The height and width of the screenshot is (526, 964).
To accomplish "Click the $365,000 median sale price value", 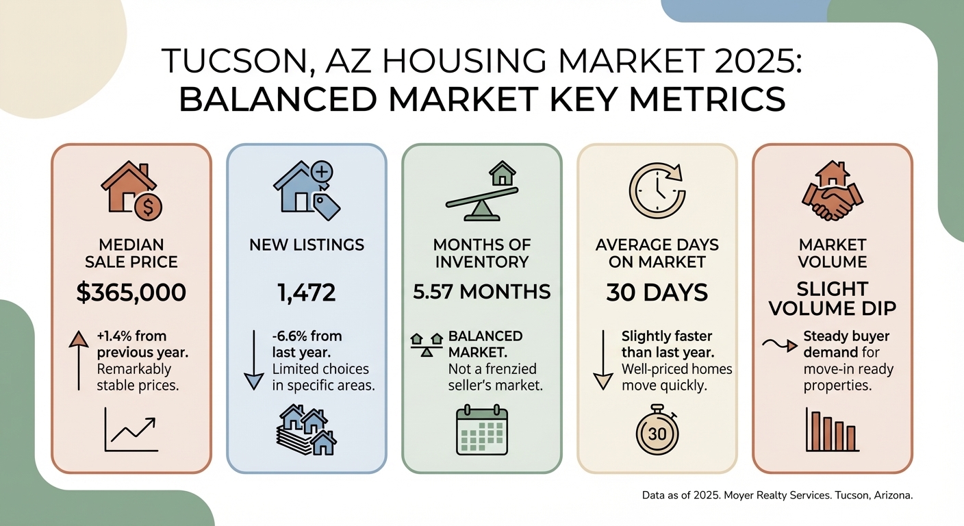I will pos(131,293).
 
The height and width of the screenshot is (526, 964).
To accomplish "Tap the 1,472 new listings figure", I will pos(307,293).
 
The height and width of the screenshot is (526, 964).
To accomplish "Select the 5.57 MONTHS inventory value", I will pos(482,292).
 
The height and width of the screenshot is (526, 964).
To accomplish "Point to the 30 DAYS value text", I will pos(657,293).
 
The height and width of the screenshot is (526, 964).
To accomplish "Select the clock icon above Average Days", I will pos(655,188).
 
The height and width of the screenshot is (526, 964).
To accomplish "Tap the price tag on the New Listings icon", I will pos(327,206).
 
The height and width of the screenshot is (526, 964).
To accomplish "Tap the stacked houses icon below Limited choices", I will pos(307,429).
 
